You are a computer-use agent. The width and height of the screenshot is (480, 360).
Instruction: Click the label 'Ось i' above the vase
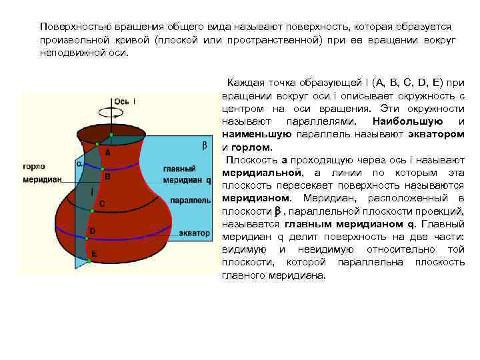pyautogui.click(x=125, y=101)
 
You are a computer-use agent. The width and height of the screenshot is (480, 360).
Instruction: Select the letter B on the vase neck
pyautogui.click(x=107, y=177)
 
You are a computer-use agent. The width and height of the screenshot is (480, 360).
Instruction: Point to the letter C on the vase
pyautogui.click(x=101, y=203)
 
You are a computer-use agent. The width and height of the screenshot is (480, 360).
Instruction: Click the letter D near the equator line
pyautogui.click(x=92, y=230)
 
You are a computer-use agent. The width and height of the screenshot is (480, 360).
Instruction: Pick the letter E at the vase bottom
pyautogui.click(x=94, y=254)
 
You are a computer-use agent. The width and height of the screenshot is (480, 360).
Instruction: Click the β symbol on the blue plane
pyautogui.click(x=205, y=145)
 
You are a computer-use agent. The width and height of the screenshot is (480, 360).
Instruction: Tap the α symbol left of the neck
pyautogui.click(x=78, y=163)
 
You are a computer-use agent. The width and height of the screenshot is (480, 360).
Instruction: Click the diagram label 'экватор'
pyautogui.click(x=195, y=233)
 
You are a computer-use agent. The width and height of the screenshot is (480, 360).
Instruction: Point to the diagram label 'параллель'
pyautogui.click(x=191, y=199)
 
